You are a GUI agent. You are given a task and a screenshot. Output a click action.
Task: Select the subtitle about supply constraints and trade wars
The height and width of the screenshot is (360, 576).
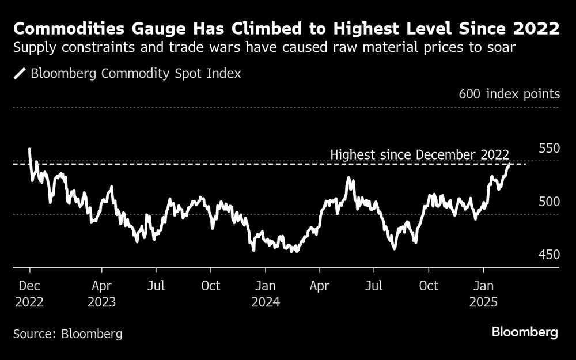coord(264,48)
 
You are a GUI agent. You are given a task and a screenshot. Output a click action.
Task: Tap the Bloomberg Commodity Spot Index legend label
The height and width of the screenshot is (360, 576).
coord(135,74)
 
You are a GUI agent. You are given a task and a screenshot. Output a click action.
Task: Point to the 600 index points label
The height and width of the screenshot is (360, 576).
coord(509,94)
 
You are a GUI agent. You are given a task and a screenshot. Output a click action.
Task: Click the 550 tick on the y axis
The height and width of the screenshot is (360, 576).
coord(548,148)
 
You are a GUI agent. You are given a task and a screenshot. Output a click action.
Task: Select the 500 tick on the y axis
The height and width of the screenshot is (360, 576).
coord(548,202)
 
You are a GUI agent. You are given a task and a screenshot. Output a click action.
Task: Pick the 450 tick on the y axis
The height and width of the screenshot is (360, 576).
coord(548,255)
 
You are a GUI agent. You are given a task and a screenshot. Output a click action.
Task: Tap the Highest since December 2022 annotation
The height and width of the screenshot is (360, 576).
coord(419,155)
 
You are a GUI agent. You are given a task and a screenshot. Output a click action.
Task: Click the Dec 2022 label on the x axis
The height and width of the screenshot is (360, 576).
coord(29,294)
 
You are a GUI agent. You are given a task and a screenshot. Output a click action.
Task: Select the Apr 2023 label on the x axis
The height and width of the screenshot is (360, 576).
coord(101,294)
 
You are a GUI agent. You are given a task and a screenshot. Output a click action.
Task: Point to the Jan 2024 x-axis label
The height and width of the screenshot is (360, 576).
coord(265,294)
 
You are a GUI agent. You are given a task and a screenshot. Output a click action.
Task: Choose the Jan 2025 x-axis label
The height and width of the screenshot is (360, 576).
coord(483,294)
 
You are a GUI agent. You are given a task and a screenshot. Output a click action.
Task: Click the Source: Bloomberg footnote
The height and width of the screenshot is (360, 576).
coord(68,334)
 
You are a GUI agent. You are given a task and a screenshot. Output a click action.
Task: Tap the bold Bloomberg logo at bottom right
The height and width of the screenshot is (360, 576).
coord(525,332)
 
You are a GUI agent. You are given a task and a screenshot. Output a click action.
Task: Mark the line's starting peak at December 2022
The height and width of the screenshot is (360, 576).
coord(29,149)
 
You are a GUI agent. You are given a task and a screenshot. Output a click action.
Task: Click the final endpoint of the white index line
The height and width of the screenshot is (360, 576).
coord(509,165)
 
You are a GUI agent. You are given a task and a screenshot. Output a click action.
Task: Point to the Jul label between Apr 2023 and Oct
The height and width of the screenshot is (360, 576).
coord(156,286)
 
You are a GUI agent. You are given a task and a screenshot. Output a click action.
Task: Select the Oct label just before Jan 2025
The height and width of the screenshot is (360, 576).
coord(428,286)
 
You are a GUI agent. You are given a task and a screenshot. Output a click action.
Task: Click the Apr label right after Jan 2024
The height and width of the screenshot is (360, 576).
coord(320,286)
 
